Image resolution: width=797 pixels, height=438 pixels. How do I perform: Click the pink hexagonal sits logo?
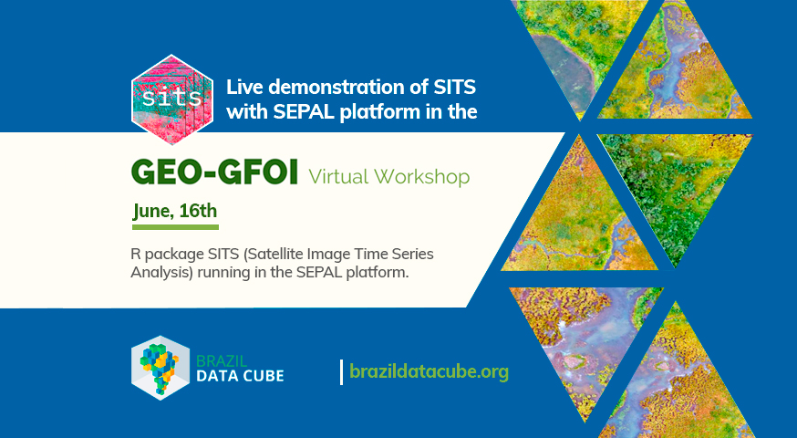172,99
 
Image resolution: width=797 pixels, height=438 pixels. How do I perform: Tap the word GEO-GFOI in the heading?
214,172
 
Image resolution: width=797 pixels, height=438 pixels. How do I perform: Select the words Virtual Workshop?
388,176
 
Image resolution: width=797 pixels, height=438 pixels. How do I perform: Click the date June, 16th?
175,211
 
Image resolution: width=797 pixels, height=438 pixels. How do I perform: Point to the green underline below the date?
175,227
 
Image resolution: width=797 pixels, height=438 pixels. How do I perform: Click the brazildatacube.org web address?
429,371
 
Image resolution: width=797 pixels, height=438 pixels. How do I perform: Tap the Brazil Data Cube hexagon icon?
160,368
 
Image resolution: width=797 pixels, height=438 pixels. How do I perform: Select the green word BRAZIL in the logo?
222,361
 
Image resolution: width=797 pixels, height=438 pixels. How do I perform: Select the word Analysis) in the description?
162,273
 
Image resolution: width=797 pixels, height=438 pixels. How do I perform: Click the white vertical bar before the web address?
342,372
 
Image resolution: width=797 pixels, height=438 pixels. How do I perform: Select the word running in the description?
221,273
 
